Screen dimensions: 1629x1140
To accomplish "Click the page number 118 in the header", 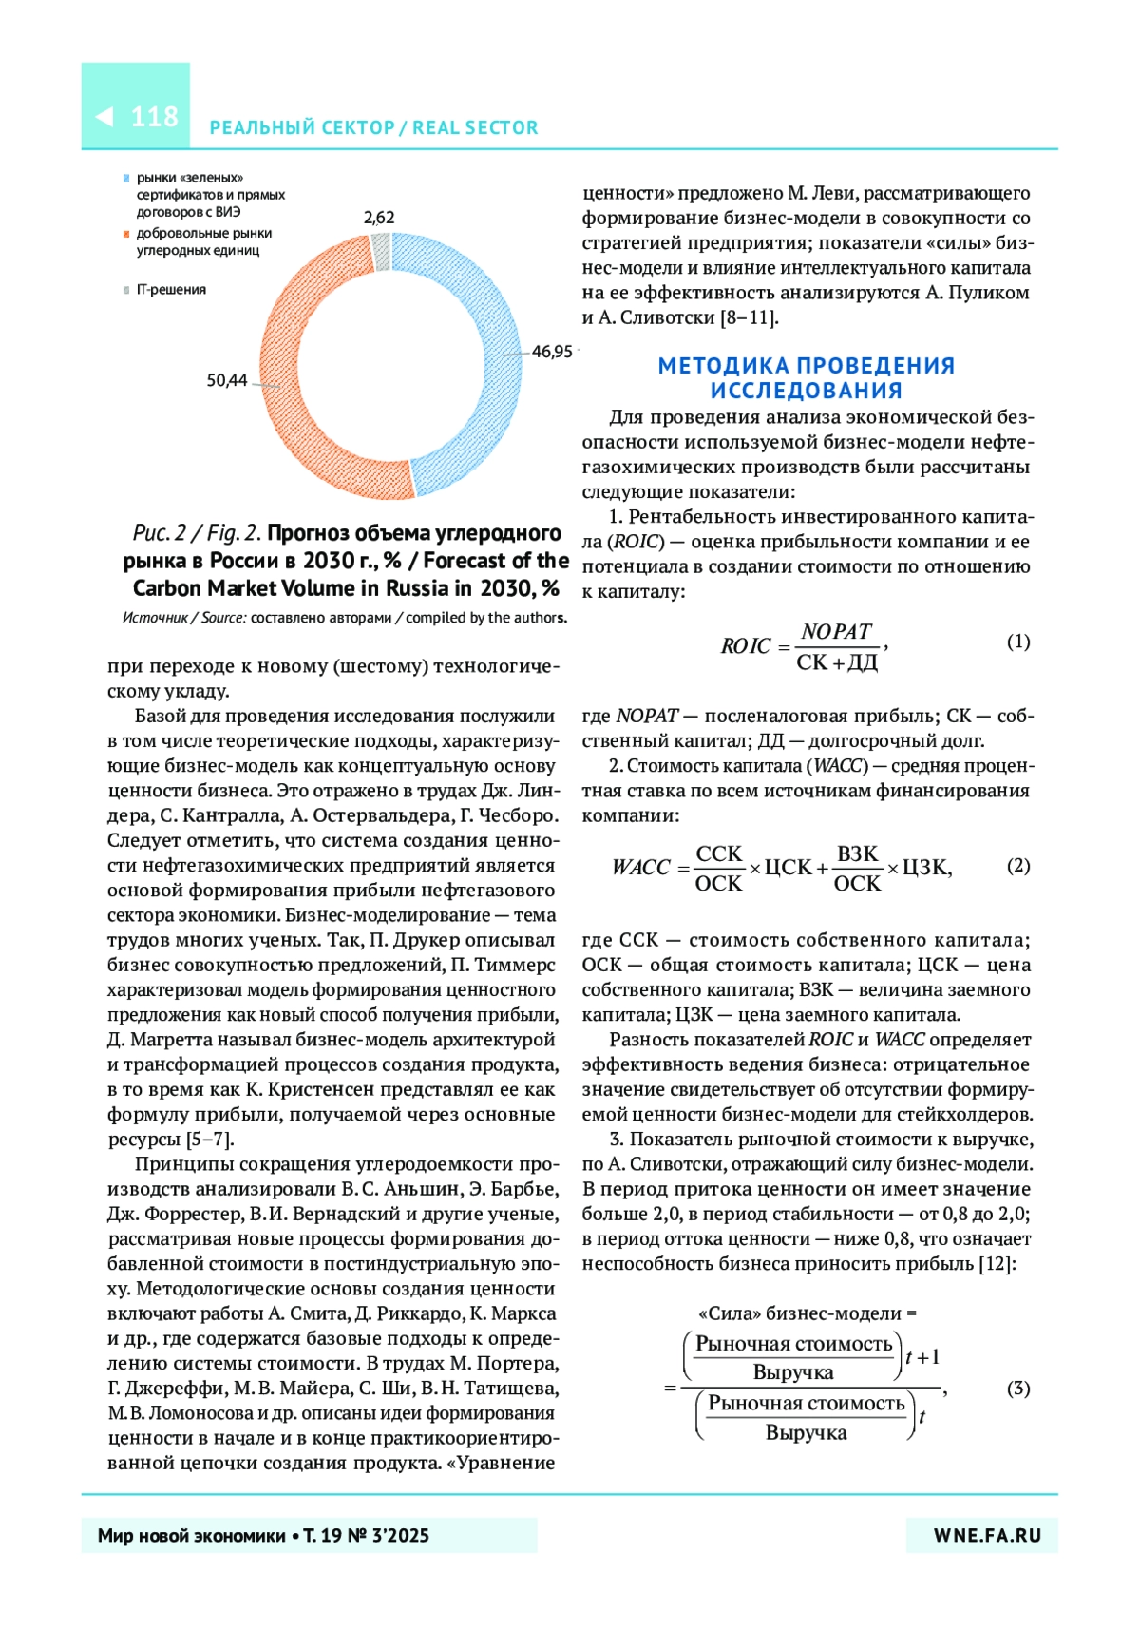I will coord(154,117).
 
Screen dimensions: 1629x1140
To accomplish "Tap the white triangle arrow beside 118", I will coord(104,117).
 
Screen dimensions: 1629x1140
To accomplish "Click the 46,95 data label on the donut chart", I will coord(551,352).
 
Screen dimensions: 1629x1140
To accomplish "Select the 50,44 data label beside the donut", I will coord(227,380).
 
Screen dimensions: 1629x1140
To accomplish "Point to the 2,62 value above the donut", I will coord(379,218).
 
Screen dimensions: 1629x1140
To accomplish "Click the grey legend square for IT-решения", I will coord(126,290).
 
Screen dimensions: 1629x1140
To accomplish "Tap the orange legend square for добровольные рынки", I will coord(126,234).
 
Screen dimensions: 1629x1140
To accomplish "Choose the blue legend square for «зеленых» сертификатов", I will coord(126,178).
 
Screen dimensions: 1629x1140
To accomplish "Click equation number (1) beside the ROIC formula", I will coord(1017,642).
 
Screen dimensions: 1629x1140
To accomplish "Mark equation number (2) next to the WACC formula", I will coord(1017,865).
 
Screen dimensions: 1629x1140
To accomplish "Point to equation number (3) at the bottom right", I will coord(1017,1389).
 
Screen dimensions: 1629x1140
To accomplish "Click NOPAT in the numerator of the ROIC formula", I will coord(836,632).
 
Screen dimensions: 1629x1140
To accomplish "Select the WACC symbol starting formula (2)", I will coord(641,867).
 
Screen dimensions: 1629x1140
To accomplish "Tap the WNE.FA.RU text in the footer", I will coord(987,1535).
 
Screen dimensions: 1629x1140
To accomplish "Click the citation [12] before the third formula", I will coord(997,1264).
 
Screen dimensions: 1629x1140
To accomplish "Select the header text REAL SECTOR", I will coord(475,127).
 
